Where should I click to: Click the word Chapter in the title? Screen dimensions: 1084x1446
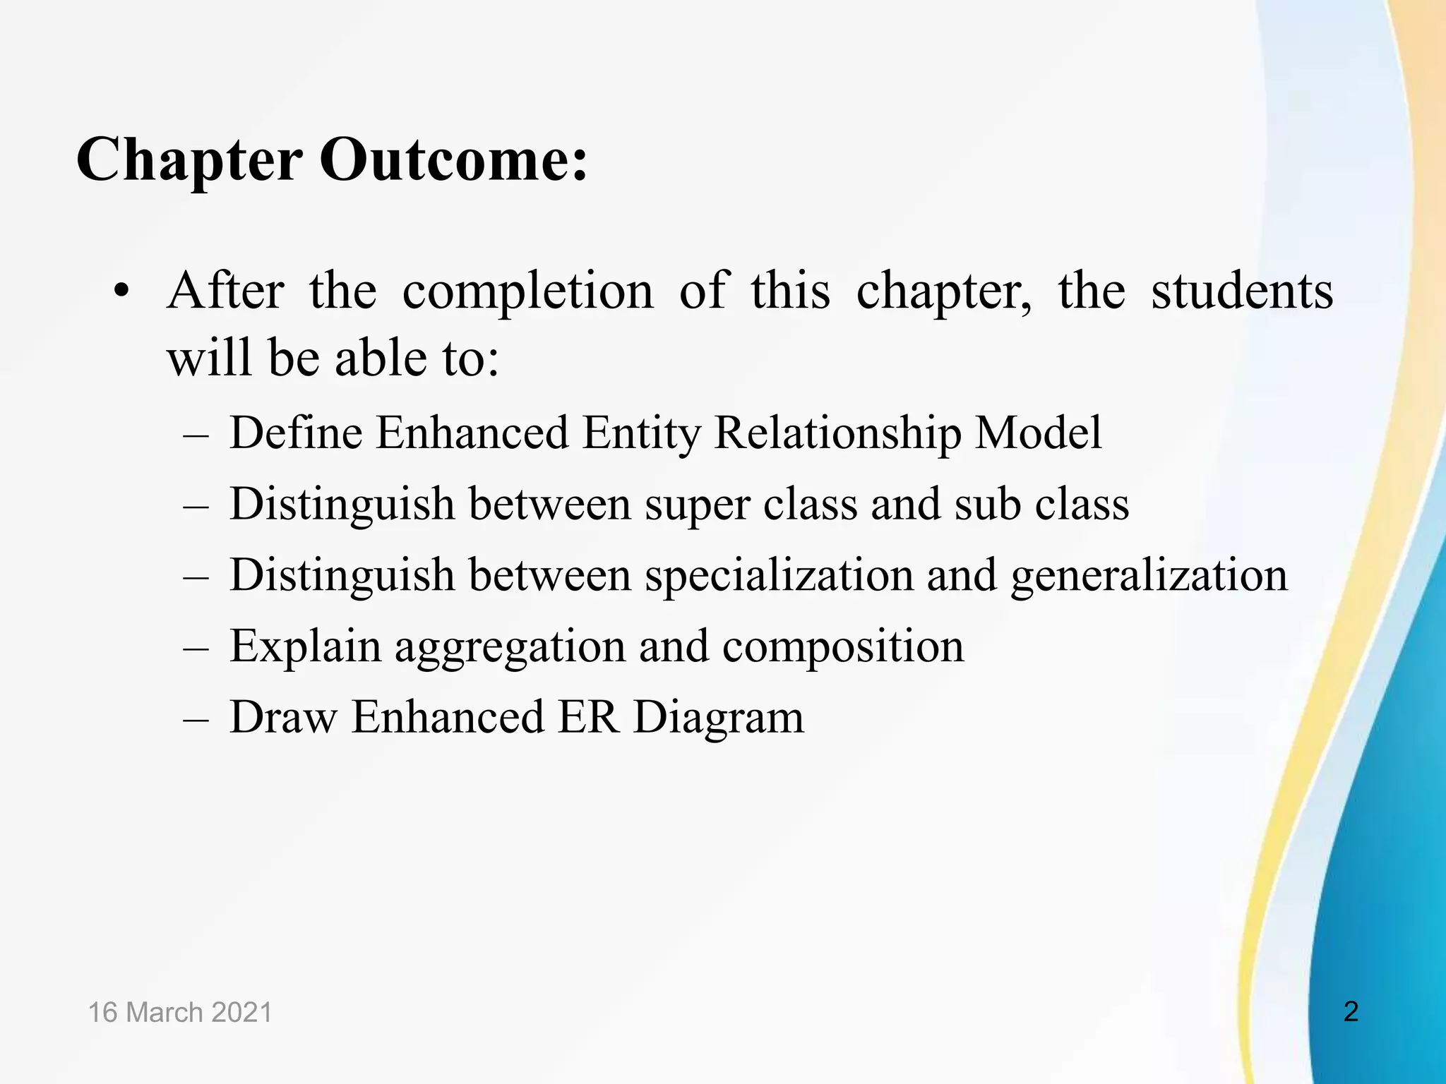point(189,160)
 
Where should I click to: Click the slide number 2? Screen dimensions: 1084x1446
point(1351,1011)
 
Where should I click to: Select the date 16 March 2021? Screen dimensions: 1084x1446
point(180,1012)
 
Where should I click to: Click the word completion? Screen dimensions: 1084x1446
point(527,291)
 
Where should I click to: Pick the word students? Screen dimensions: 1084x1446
point(1242,291)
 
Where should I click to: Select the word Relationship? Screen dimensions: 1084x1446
point(837,433)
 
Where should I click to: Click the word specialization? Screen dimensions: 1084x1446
point(779,576)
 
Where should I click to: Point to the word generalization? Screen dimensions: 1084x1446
point(1149,576)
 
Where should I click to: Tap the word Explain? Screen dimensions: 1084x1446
point(305,646)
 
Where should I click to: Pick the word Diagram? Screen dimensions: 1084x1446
point(719,718)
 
